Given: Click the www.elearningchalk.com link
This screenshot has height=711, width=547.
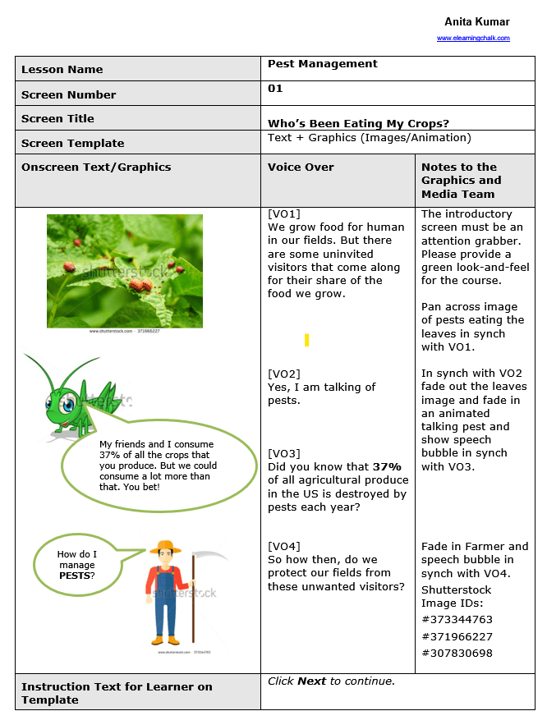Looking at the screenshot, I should tap(473, 38).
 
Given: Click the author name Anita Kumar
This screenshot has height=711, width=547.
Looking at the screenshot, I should tap(477, 22).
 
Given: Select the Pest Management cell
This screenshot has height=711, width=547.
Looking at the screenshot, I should tap(323, 64).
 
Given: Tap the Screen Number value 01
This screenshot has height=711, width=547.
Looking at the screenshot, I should tap(275, 89).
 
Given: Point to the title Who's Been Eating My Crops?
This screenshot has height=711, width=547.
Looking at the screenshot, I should tap(358, 124).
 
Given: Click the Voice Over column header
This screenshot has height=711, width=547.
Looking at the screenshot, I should tap(301, 167).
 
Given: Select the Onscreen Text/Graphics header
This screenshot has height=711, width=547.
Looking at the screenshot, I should tap(96, 167).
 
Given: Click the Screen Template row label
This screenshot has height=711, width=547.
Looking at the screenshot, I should tap(73, 143).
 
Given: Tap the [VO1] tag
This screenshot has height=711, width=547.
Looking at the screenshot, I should tap(284, 213).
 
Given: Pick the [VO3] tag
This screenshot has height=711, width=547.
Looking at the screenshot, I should tap(284, 453).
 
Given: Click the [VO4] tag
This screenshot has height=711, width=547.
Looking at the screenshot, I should tap(284, 546).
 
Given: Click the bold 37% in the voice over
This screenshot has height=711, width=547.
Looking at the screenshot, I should tap(385, 466).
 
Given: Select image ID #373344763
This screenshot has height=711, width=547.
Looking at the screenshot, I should tap(457, 620).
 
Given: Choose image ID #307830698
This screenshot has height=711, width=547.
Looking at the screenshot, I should tap(457, 654).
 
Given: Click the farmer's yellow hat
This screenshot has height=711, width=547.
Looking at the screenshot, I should tap(168, 547).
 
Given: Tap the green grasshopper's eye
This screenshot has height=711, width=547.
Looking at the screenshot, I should tap(68, 404).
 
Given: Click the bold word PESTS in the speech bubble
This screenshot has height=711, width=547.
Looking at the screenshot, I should tap(75, 576).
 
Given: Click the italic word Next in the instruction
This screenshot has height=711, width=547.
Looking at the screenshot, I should tap(312, 681).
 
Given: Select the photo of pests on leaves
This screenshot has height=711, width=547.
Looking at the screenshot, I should tap(125, 270).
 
